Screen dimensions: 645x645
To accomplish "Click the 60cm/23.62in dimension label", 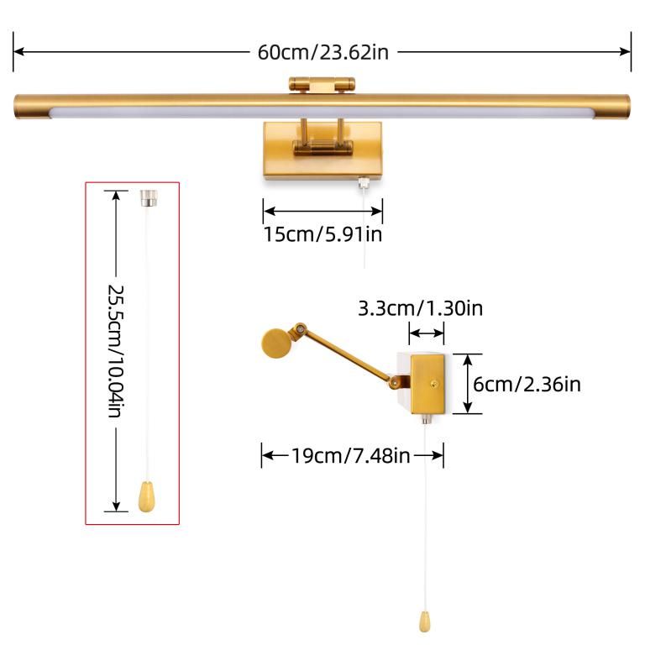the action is pyautogui.click(x=322, y=52).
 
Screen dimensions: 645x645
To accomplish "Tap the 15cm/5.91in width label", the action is pyautogui.click(x=322, y=234).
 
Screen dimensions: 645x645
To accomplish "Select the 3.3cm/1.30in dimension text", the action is pyautogui.click(x=421, y=308).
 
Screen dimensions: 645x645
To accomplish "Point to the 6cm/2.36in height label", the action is pyautogui.click(x=527, y=384).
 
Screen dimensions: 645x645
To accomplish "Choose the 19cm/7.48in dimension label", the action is pyautogui.click(x=351, y=456).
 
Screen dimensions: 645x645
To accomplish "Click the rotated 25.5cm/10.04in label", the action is pyautogui.click(x=116, y=351).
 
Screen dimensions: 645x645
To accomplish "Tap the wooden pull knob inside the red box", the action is pyautogui.click(x=146, y=497).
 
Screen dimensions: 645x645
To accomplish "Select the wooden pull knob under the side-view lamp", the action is pyautogui.click(x=425, y=621).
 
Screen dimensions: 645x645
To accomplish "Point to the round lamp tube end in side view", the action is pyautogui.click(x=277, y=343).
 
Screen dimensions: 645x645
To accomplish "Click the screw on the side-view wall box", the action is pyautogui.click(x=434, y=384).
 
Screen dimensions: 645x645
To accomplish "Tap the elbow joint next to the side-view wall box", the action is pyautogui.click(x=396, y=382).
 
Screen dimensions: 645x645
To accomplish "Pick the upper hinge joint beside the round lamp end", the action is pyautogui.click(x=301, y=329).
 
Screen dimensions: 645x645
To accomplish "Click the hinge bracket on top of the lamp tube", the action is pyautogui.click(x=322, y=85).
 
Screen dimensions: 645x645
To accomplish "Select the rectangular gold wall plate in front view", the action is pyautogui.click(x=322, y=150).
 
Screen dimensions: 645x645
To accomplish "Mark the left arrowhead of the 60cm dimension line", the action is pyautogui.click(x=18, y=52).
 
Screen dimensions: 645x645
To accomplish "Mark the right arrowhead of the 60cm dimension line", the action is pyautogui.click(x=625, y=52).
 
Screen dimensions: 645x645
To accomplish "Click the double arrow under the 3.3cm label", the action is pyautogui.click(x=427, y=333).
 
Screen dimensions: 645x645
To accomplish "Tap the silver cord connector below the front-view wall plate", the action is pyautogui.click(x=363, y=182).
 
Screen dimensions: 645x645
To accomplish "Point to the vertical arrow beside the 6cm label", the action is pyautogui.click(x=468, y=384).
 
